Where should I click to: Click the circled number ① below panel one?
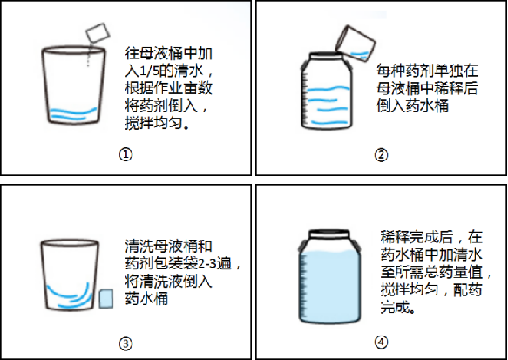(125, 154)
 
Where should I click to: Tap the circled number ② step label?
(381, 154)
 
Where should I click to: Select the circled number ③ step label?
(125, 343)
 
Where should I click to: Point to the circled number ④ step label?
(381, 343)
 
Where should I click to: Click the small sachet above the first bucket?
(98, 32)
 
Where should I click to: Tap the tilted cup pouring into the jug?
(356, 43)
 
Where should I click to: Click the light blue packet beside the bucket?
(106, 299)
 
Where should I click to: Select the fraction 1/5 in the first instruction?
(149, 71)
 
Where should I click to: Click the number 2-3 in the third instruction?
(207, 264)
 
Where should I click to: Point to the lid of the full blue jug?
(329, 234)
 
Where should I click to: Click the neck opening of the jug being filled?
(326, 56)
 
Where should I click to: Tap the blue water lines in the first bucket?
(73, 113)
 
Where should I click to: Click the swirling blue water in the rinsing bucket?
(70, 295)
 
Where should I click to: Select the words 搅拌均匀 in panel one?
(154, 124)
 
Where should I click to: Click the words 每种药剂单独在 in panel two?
(427, 71)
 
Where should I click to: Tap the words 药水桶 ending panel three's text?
(146, 298)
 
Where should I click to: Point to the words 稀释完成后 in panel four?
(417, 237)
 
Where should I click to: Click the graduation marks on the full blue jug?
(304, 285)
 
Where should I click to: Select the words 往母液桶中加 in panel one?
(169, 53)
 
